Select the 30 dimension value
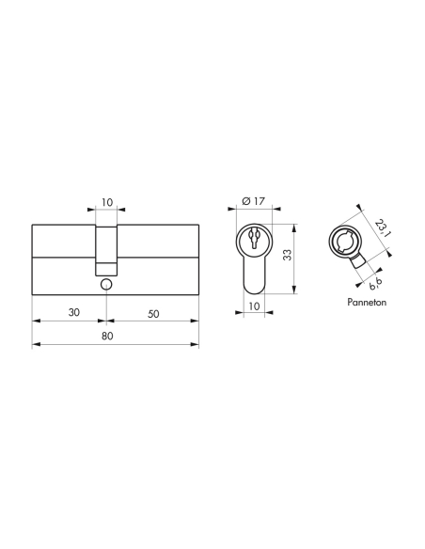pyautogui.click(x=72, y=311)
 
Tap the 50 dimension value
pyautogui.click(x=152, y=311)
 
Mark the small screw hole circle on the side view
pyautogui.click(x=106, y=283)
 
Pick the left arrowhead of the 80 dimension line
pyautogui.click(x=36, y=347)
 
